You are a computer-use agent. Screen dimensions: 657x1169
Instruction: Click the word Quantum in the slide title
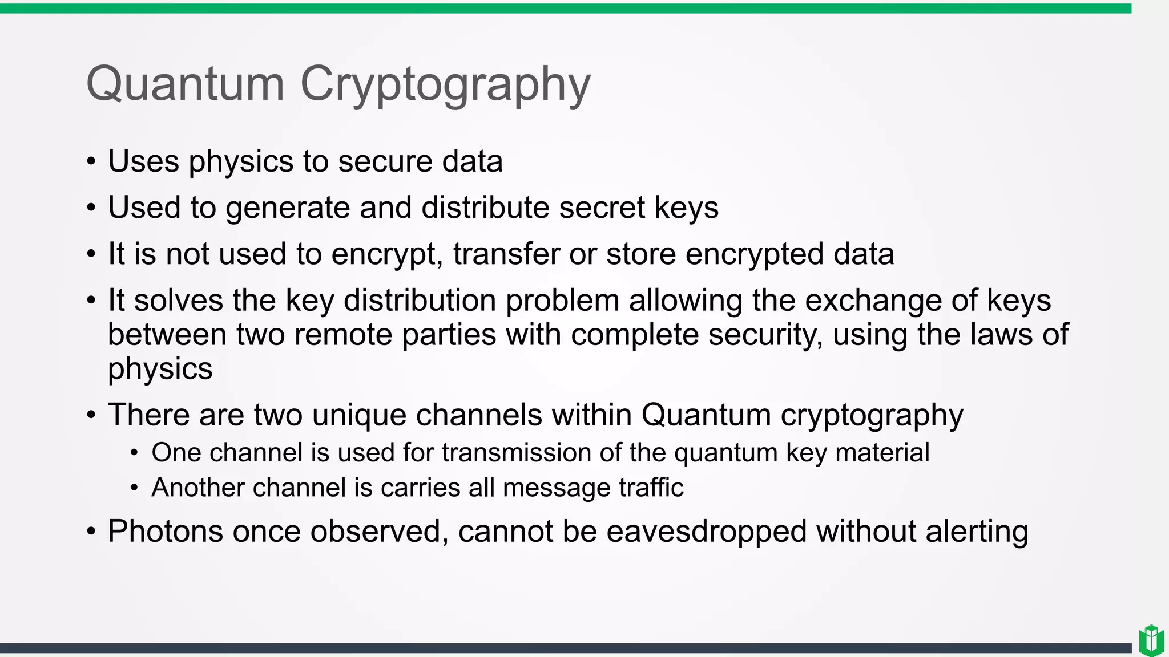(185, 84)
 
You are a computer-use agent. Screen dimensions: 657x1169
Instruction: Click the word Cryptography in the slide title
(445, 86)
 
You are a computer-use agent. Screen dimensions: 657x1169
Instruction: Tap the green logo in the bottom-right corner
(1151, 640)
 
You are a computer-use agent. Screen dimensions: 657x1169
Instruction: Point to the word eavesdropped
(706, 532)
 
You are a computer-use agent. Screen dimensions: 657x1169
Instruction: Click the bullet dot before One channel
(134, 453)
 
